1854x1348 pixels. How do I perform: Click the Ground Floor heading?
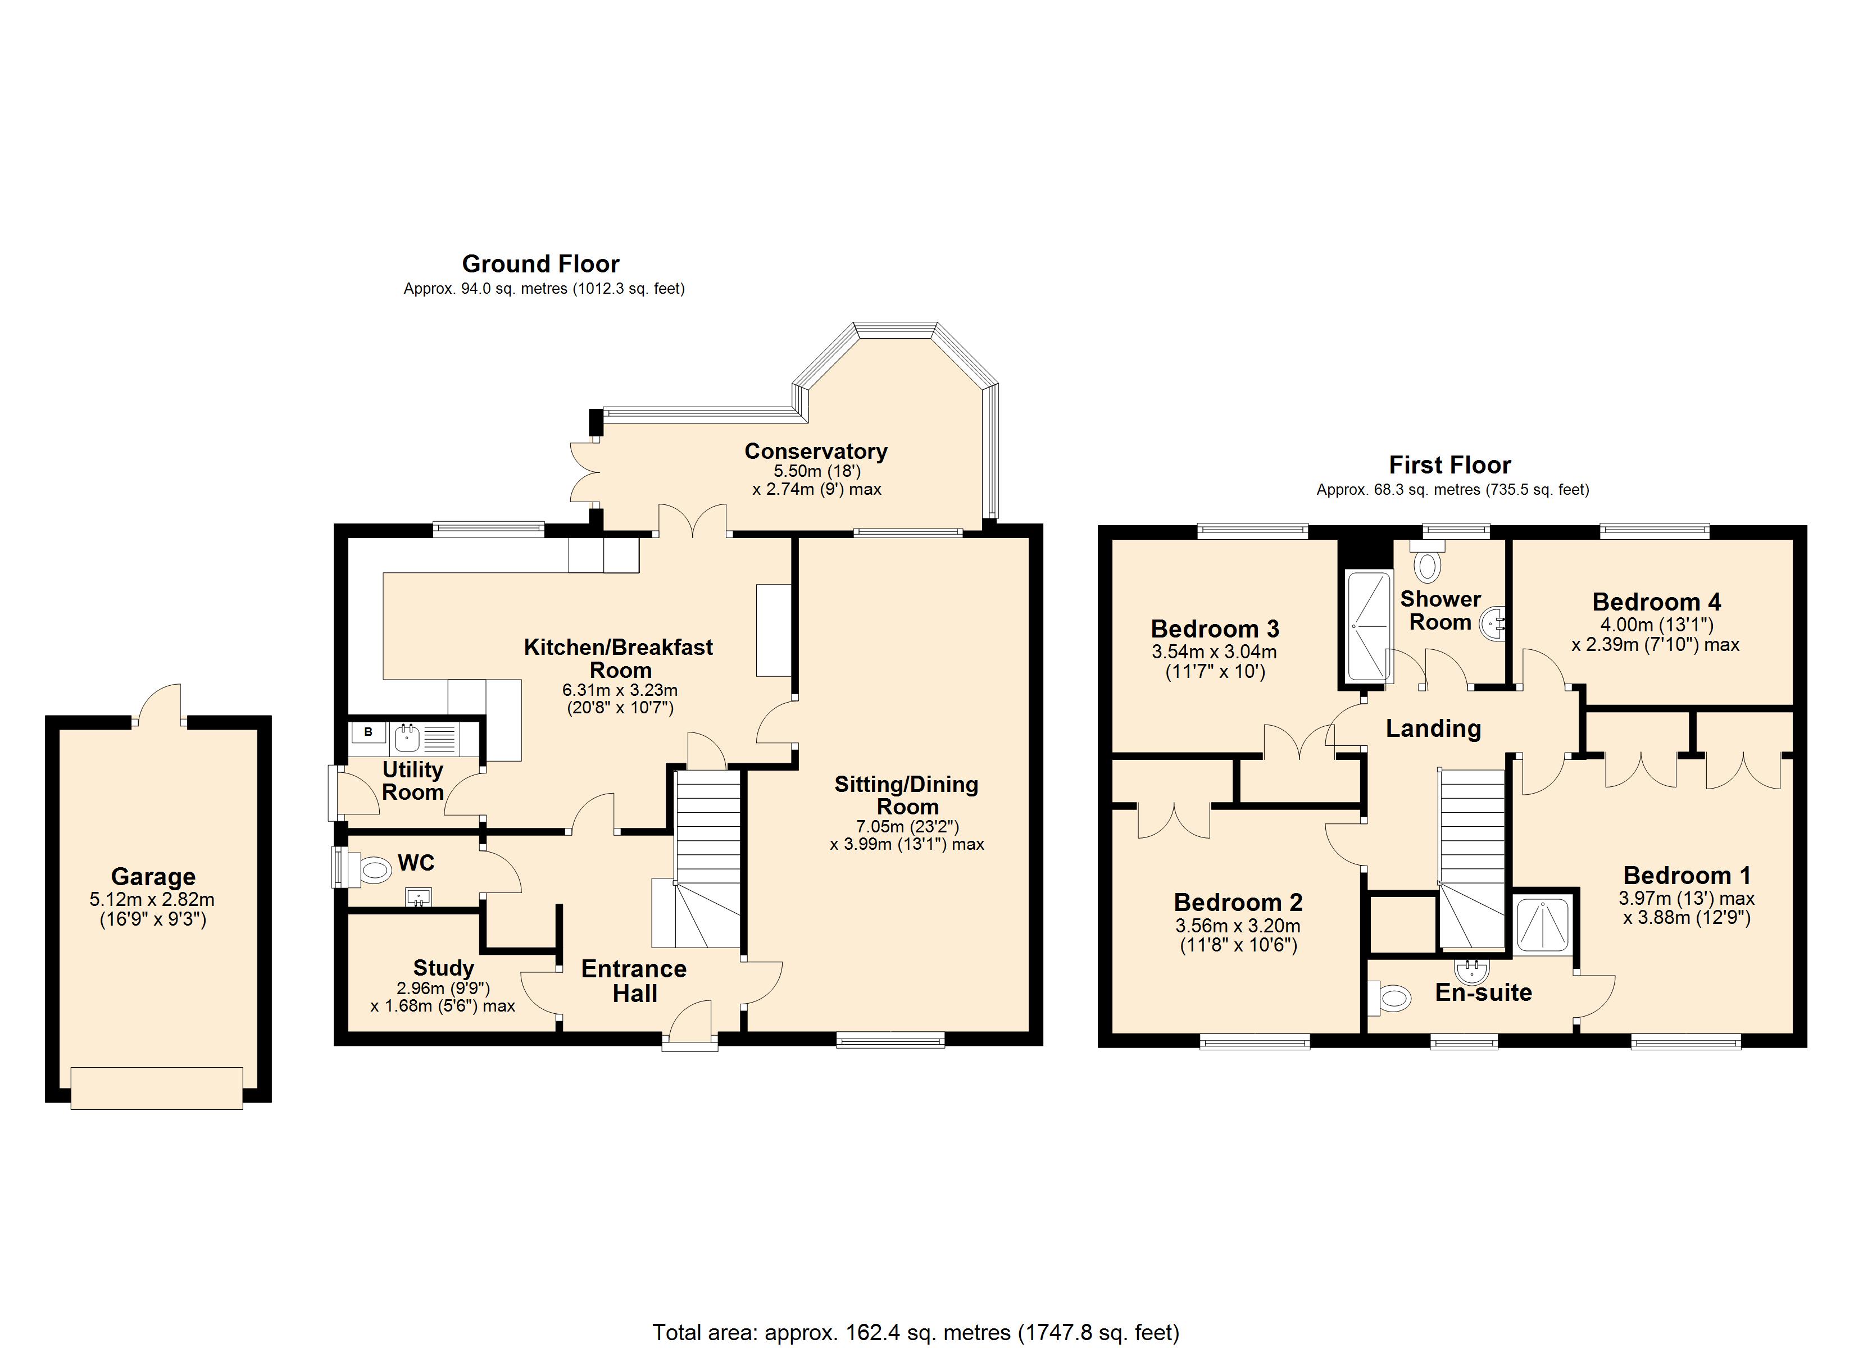coord(540,264)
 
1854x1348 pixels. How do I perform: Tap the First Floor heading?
coord(1450,465)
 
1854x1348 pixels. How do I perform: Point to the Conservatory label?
coord(816,451)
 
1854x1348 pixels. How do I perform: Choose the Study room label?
coord(443,968)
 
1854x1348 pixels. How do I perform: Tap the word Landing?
coord(1434,728)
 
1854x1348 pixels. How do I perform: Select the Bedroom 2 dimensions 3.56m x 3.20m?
coord(1238,926)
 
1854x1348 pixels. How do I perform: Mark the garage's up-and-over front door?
coord(157,1088)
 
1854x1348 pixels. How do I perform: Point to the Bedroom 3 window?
coord(1253,531)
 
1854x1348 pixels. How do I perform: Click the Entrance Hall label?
coord(634,981)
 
